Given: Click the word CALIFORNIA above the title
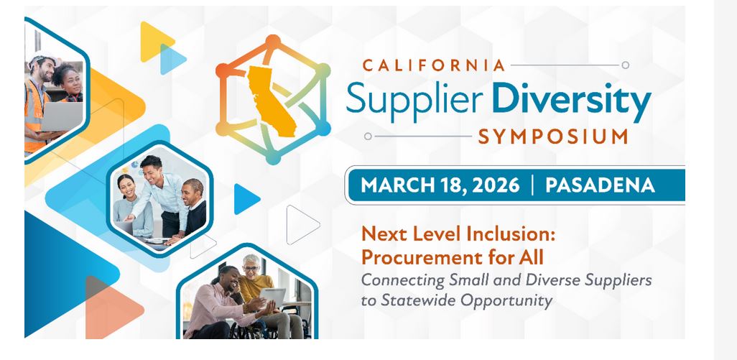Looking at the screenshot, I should coord(434,65).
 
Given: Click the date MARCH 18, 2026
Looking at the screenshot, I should coord(440,185).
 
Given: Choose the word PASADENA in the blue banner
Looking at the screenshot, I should coord(600,185).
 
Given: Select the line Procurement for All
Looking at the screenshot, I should coord(451,256).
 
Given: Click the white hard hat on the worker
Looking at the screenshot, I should coord(41,60).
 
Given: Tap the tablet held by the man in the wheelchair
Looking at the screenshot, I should coord(272,295).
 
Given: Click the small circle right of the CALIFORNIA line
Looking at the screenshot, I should coord(625,65).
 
